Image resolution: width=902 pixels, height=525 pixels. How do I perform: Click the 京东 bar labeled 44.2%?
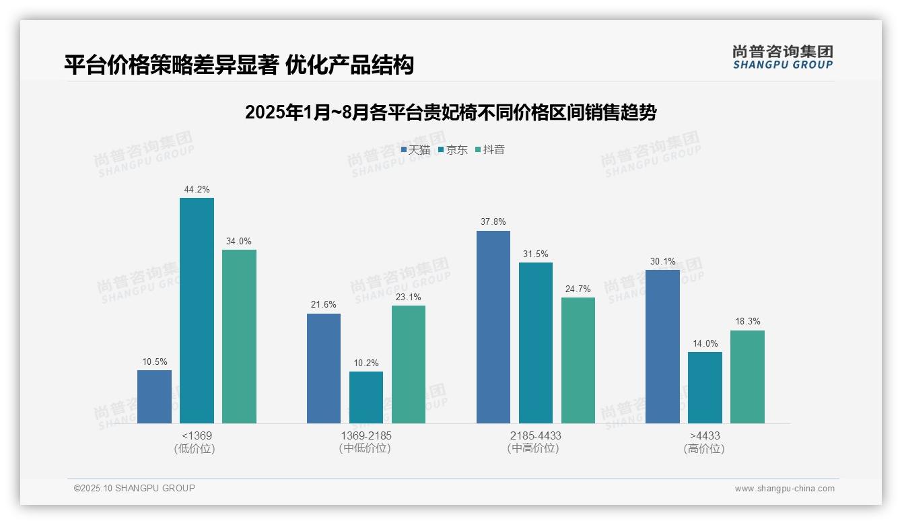[x=197, y=310]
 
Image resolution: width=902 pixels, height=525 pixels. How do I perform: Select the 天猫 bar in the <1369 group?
[x=154, y=396]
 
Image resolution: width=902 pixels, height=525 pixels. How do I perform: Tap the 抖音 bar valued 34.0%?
[x=239, y=337]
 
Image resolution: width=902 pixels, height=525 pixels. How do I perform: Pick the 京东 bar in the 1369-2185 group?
[x=366, y=397]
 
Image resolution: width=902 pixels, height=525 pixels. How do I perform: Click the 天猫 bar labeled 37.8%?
[x=493, y=327]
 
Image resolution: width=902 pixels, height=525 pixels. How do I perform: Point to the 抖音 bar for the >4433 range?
[x=747, y=376]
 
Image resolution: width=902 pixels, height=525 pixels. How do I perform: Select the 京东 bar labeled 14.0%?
[x=705, y=388]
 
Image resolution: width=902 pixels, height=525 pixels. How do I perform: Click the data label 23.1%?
[x=409, y=297]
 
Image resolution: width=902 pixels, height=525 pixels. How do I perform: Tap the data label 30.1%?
[x=662, y=261]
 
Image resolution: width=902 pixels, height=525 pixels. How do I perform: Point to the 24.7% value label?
[x=578, y=289]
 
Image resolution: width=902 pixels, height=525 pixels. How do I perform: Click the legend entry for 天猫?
[x=415, y=149]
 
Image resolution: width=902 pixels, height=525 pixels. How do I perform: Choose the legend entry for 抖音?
[x=490, y=149]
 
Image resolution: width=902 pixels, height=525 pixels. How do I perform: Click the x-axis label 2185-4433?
[x=535, y=435]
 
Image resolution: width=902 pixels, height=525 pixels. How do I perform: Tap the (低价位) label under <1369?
[x=196, y=448]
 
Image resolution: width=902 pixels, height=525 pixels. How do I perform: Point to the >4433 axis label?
[x=704, y=435]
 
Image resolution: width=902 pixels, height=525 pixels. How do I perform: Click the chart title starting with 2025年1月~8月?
[x=450, y=112]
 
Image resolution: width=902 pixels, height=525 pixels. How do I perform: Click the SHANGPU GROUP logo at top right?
[x=782, y=57]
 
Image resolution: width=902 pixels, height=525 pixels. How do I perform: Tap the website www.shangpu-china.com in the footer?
[x=784, y=489]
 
